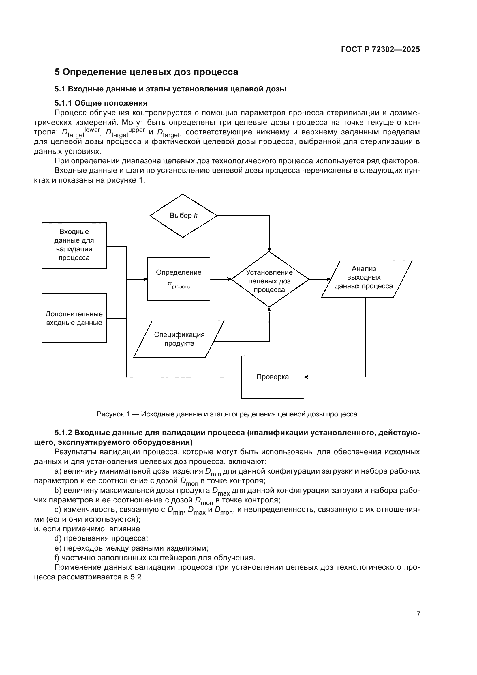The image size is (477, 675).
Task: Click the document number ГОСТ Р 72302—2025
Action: (x=380, y=49)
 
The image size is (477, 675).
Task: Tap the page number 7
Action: (x=418, y=614)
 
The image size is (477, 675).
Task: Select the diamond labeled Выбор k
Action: (x=183, y=216)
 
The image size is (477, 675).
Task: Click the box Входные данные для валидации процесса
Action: (x=74, y=246)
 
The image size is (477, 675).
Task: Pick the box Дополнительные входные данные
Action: (x=74, y=318)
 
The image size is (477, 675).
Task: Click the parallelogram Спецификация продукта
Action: (x=179, y=339)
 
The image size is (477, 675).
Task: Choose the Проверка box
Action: (x=273, y=377)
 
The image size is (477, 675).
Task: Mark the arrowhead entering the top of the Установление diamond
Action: (x=269, y=250)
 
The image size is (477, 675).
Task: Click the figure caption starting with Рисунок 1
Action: (x=227, y=414)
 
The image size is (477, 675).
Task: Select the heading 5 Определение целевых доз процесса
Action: (x=146, y=72)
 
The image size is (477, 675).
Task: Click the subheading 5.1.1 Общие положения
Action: (x=101, y=103)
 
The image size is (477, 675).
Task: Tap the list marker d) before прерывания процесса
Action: (x=58, y=538)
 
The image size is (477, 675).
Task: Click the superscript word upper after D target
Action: (x=137, y=130)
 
